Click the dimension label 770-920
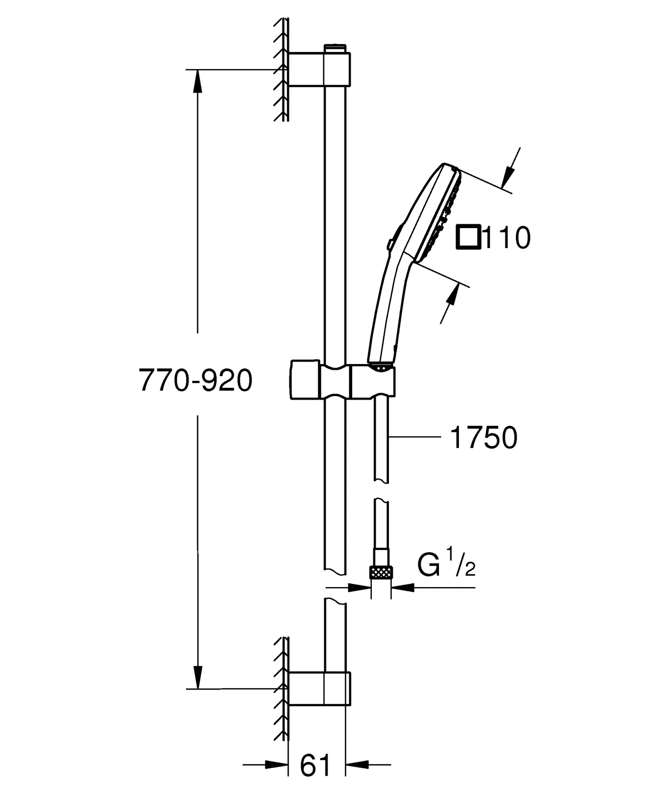tap(196, 381)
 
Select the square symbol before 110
tap(469, 237)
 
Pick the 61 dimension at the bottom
tap(315, 765)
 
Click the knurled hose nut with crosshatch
tap(381, 573)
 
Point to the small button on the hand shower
tap(390, 244)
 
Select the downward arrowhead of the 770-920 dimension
tap(198, 678)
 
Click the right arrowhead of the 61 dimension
tap(357, 764)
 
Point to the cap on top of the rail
tap(335, 48)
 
